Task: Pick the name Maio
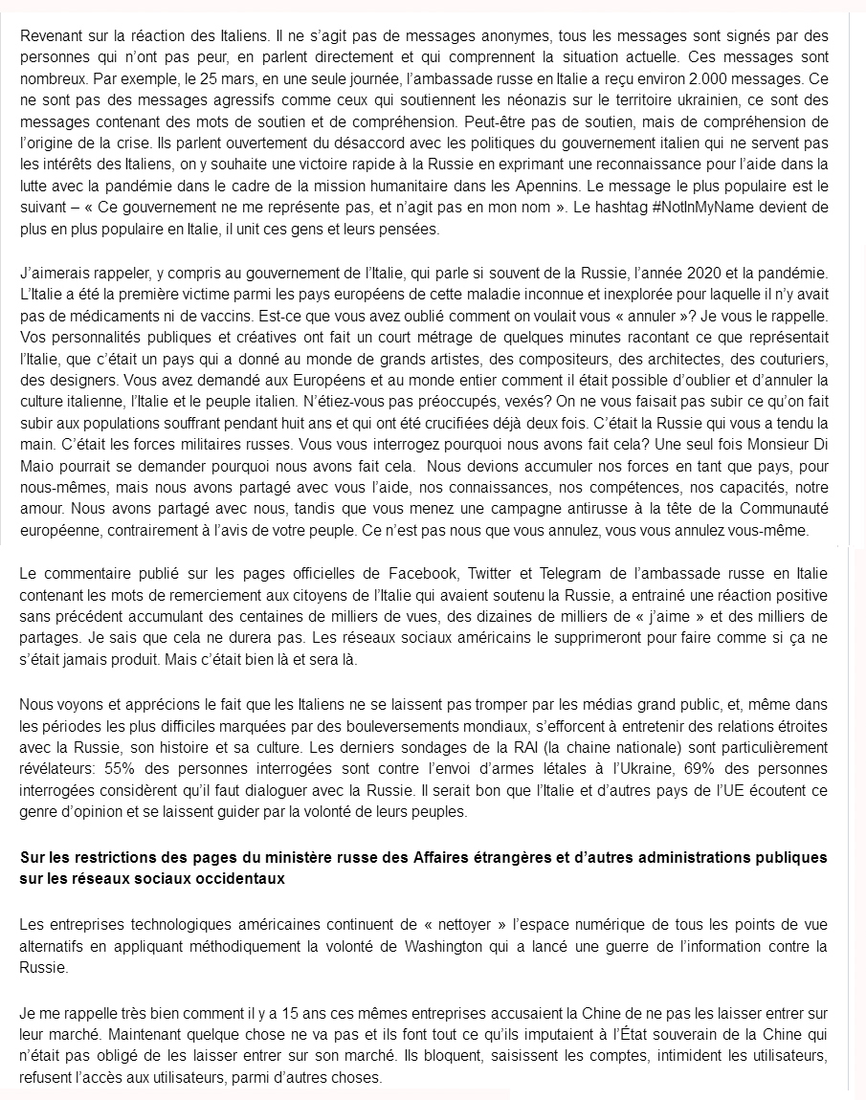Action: [38, 466]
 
